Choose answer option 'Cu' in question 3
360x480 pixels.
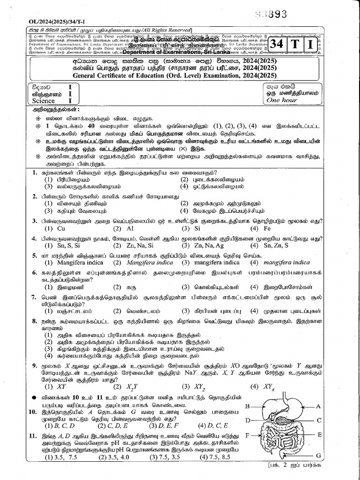coord(60,228)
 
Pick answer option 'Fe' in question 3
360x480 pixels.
coord(267,228)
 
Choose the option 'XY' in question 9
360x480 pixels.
coord(61,387)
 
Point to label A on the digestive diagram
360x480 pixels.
coord(318,406)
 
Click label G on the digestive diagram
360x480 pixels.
coord(318,455)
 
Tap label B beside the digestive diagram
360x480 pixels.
coord(247,406)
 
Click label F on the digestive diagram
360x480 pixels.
coord(247,435)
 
